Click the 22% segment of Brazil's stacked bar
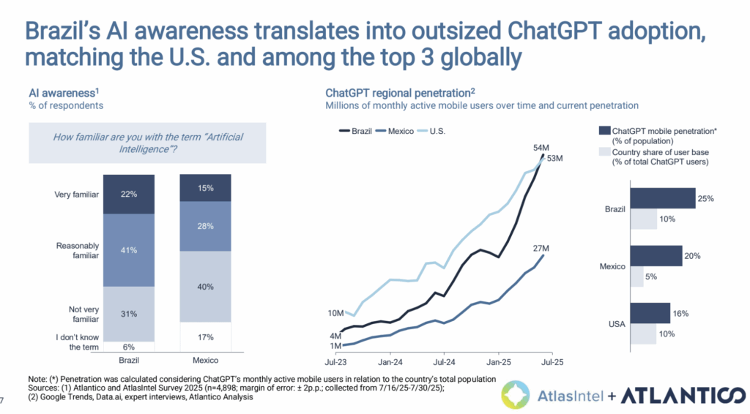(x=129, y=194)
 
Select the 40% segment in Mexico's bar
(x=206, y=287)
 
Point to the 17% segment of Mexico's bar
(x=206, y=337)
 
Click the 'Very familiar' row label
(x=76, y=195)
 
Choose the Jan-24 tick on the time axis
(x=390, y=361)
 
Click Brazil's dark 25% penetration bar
(x=661, y=198)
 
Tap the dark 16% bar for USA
(x=649, y=312)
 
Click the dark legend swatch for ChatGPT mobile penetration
(x=604, y=130)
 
